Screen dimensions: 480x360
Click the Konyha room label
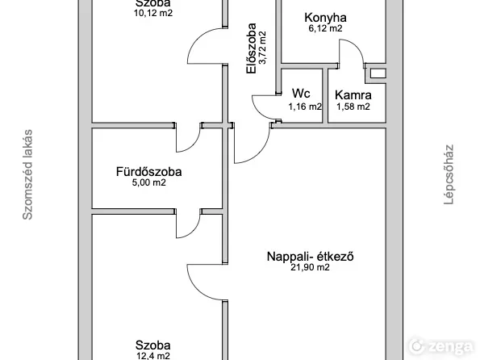coord(325,18)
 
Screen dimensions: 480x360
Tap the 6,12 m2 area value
coord(325,28)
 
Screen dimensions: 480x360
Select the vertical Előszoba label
coord(252,48)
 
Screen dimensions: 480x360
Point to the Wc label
coord(301,93)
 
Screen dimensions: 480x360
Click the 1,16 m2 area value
coord(305,107)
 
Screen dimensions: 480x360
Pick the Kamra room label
coord(353,95)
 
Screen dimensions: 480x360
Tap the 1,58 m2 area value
coord(353,107)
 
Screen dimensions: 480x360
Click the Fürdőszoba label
coord(148,171)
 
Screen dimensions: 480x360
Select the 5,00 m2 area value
coord(148,182)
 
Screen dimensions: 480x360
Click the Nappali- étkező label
coord(310,256)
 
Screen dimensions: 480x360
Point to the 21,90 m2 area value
coord(310,267)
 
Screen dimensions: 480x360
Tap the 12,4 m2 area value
coord(152,356)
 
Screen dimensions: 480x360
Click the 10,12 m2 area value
coord(153,13)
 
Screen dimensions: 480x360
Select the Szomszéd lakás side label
coord(27,174)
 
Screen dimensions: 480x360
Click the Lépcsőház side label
coord(449,174)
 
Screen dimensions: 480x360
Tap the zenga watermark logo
coord(441,346)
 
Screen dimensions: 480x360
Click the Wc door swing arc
coord(259,111)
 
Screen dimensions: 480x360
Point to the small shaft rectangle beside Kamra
coord(378,73)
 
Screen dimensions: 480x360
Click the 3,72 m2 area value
coord(262,48)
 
